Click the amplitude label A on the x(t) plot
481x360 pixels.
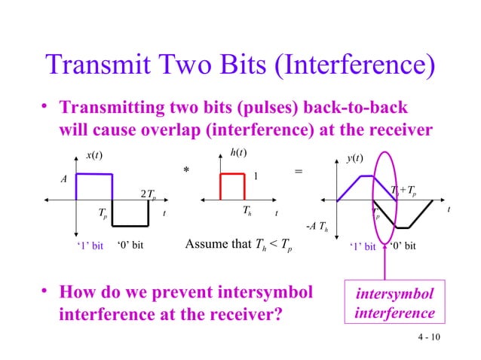coord(63,180)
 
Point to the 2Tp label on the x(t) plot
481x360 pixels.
coord(149,195)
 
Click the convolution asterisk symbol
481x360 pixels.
coord(185,172)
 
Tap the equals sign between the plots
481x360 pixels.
coord(299,172)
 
